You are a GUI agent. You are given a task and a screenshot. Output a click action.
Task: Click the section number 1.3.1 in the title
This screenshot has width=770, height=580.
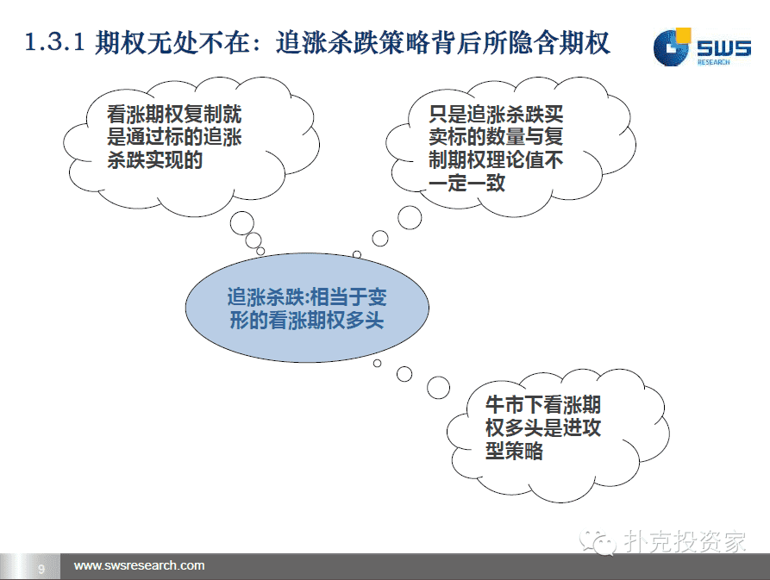55,42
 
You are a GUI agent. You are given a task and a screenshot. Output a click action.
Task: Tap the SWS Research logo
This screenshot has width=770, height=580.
702,47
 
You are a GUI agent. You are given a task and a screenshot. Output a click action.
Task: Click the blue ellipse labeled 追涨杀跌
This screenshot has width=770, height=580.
307,308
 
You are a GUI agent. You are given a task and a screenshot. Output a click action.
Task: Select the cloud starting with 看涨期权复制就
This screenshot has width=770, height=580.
191,147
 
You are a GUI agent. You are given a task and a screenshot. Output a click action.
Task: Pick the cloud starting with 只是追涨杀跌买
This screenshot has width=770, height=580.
510,147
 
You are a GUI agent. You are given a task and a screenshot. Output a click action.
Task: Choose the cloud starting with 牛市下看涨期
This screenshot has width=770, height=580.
558,435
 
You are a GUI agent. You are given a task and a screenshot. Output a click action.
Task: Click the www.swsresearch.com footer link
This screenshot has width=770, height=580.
139,565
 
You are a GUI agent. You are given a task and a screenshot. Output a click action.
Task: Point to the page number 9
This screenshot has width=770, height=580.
41,568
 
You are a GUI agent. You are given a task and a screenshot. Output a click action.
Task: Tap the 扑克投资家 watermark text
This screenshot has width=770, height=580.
685,541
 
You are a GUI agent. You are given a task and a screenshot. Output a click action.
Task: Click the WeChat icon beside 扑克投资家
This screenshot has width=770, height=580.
598,542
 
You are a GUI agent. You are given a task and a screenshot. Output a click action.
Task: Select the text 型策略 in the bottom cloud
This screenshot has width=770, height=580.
514,451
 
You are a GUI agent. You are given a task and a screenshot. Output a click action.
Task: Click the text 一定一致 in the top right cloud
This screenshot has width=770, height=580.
466,183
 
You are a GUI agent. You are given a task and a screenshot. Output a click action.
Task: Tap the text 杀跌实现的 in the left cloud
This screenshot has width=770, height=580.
154,160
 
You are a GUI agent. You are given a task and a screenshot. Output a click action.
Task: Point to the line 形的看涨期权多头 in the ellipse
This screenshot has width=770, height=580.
307,321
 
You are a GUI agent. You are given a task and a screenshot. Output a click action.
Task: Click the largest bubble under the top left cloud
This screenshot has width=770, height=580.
242,223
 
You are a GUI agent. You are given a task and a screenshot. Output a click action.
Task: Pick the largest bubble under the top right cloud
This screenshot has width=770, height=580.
410,217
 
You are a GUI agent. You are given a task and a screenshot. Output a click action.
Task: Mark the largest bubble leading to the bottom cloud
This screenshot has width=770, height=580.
438,388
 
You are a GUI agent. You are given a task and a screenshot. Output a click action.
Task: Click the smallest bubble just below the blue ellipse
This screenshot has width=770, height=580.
377,363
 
